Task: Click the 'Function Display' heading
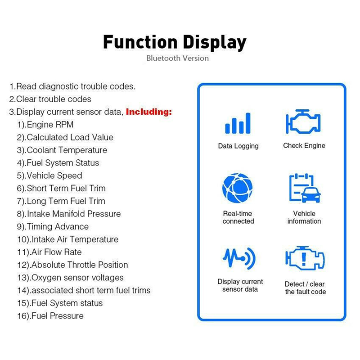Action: [175, 43]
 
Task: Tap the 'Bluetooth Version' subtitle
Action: [177, 58]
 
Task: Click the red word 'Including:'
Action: [149, 112]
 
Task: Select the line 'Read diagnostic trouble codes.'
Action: [72, 86]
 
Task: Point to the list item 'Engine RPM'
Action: [45, 125]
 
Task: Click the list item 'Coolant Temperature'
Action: [62, 150]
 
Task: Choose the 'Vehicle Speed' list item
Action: [49, 175]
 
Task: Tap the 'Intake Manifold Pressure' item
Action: [69, 214]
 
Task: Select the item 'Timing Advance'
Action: [53, 227]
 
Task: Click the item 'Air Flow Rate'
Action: [49, 252]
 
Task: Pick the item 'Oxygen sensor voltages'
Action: [71, 278]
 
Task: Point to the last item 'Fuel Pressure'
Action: [50, 316]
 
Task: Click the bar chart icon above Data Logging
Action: [238, 123]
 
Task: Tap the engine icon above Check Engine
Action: [303, 121]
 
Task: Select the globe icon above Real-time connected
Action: [238, 188]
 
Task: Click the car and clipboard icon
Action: [305, 188]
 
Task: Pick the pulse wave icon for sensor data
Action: [239, 258]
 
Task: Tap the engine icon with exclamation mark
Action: [305, 258]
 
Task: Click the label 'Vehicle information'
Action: [304, 217]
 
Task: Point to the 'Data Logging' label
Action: [238, 146]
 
